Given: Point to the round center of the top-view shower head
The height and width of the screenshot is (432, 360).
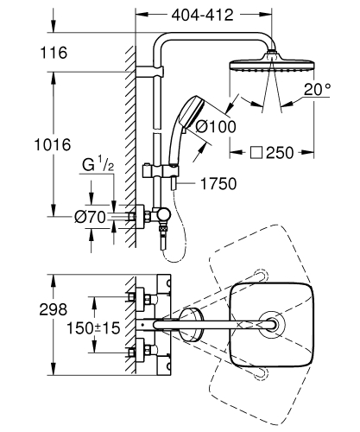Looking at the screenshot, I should coord(273,324).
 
